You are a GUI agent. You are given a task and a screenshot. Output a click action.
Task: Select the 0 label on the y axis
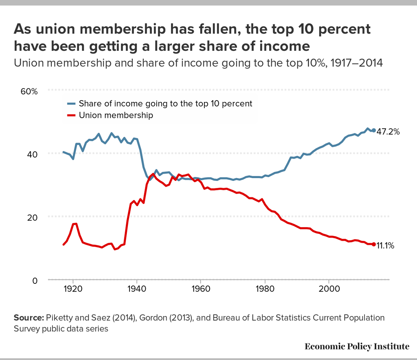pyautogui.click(x=34, y=280)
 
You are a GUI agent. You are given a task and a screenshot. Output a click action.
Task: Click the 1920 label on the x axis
pyautogui.click(x=73, y=289)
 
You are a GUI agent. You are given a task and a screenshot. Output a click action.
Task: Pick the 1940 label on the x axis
pyautogui.click(x=137, y=289)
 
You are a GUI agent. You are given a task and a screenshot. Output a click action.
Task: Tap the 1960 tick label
pyautogui.click(x=201, y=289)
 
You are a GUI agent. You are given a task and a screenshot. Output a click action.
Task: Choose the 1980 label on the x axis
pyautogui.click(x=265, y=289)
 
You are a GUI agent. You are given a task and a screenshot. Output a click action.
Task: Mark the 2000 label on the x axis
pyautogui.click(x=329, y=289)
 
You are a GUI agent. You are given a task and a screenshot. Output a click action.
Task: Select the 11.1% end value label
pyautogui.click(x=385, y=246)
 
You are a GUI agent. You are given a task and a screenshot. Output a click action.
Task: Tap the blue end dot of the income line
pyautogui.click(x=374, y=130)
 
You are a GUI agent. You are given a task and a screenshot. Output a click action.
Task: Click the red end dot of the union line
pyautogui.click(x=374, y=245)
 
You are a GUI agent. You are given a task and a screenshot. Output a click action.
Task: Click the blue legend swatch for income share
pyautogui.click(x=71, y=104)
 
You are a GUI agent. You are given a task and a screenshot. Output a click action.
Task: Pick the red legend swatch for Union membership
pyautogui.click(x=71, y=115)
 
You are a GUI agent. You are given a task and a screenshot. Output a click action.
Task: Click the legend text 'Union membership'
pyautogui.click(x=116, y=115)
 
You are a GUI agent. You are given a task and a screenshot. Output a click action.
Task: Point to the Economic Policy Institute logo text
pyautogui.click(x=357, y=346)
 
